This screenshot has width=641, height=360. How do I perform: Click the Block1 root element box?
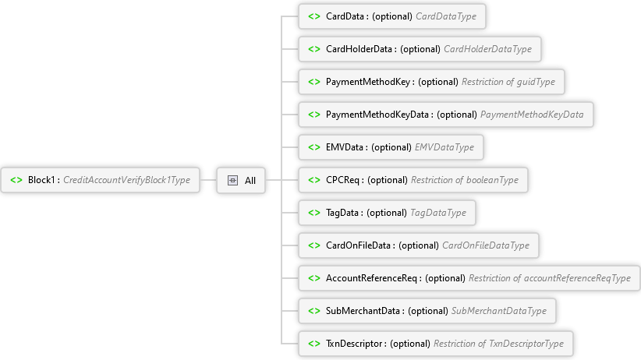tap(100, 180)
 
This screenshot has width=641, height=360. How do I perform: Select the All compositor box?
tap(241, 180)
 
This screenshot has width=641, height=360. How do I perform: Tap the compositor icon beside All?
tap(232, 180)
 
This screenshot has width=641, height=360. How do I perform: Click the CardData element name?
tap(345, 16)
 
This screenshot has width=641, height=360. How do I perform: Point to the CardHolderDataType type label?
tap(487, 49)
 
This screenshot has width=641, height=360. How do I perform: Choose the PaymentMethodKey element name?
tap(368, 82)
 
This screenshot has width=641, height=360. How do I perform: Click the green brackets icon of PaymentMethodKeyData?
tap(314, 115)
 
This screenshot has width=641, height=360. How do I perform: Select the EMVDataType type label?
tap(444, 147)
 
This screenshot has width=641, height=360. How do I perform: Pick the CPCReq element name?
tap(342, 180)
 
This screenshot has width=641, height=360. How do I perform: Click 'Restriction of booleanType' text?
tap(465, 180)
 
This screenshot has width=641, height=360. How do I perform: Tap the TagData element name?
tap(342, 213)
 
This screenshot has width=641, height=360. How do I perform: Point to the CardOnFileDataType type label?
tap(486, 245)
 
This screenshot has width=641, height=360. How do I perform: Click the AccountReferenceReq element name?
tap(371, 278)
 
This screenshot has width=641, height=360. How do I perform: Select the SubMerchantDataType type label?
tap(499, 311)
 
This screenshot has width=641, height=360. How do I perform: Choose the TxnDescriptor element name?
tap(353, 344)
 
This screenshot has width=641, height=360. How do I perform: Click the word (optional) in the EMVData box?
tap(391, 147)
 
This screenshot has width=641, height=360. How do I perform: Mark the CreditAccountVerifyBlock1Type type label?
tap(127, 180)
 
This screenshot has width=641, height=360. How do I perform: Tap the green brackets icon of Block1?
tap(16, 180)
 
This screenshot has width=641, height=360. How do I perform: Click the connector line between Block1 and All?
tap(208, 180)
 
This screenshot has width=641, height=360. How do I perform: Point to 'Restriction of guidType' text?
tap(508, 82)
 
